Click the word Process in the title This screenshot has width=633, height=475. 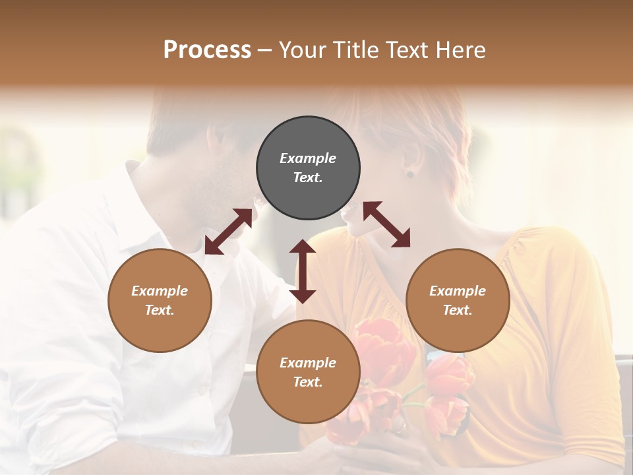pos(207,50)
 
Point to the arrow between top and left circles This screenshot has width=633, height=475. pos(228,232)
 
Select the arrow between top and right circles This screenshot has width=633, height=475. pos(386,224)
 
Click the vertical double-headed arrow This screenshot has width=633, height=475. pos(303,271)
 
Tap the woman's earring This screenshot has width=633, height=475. pos(409,174)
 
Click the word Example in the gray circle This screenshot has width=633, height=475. pos(308,158)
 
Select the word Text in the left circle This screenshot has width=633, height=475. pos(160,310)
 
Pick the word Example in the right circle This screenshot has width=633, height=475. pos(458,291)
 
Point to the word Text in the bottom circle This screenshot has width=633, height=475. pos(308,382)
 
